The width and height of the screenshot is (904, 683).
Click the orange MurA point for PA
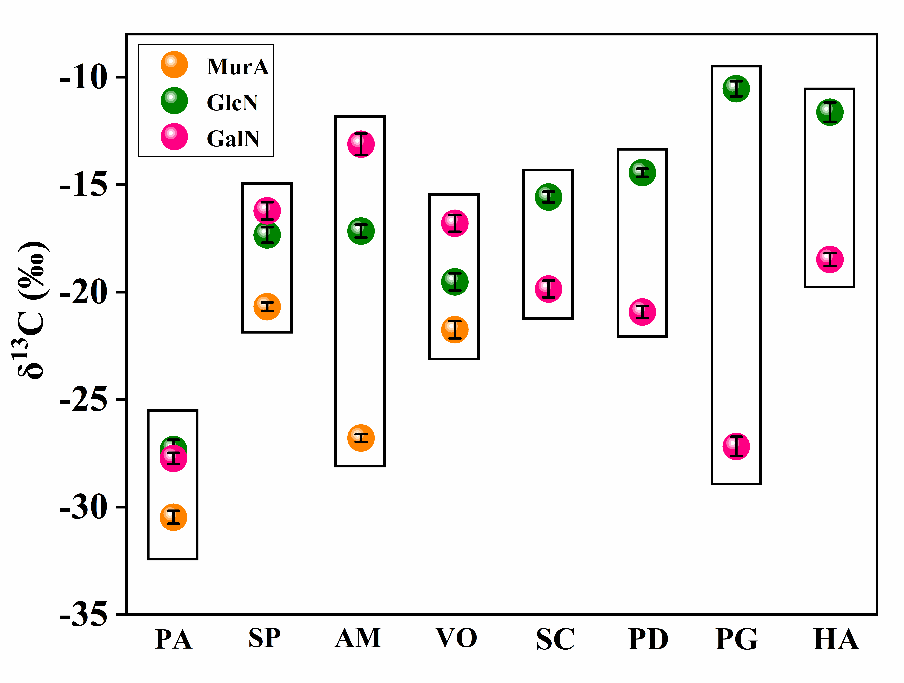(x=173, y=517)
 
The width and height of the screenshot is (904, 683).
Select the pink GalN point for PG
(x=736, y=446)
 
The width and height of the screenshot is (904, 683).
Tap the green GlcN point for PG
(x=736, y=88)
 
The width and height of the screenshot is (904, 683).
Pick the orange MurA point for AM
(x=361, y=438)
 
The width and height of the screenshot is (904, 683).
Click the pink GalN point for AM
(x=361, y=144)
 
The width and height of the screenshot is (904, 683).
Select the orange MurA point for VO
(x=454, y=329)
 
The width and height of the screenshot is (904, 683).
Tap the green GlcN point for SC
(x=548, y=197)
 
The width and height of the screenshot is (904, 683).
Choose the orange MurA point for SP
(x=267, y=306)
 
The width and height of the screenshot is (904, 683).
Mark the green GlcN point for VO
(x=454, y=282)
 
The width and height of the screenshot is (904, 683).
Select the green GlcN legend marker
(x=174, y=101)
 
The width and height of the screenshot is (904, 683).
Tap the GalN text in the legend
(x=233, y=138)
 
